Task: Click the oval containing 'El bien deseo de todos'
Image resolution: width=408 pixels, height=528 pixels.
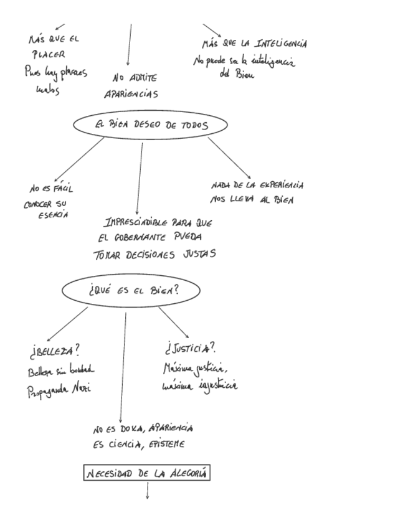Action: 149,125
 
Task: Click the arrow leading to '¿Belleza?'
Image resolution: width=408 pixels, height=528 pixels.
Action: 67,323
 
